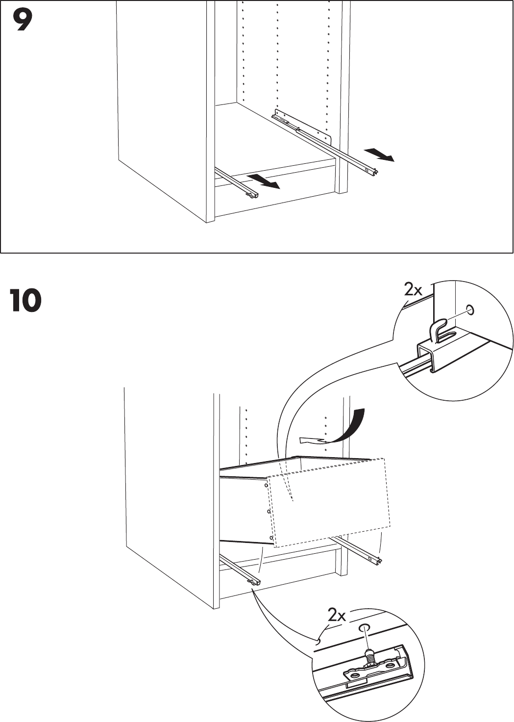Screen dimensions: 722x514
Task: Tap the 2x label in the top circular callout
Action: pyautogui.click(x=413, y=290)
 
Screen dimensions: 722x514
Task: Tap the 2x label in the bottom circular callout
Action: pyautogui.click(x=337, y=615)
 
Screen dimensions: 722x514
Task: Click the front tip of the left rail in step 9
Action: pyautogui.click(x=253, y=196)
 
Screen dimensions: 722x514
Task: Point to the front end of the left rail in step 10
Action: pyautogui.click(x=255, y=582)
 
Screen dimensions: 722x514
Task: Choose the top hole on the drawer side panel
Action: pyautogui.click(x=266, y=486)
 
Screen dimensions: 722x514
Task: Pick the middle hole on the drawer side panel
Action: pyautogui.click(x=269, y=512)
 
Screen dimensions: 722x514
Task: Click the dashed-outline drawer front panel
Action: pyautogui.click(x=331, y=503)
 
